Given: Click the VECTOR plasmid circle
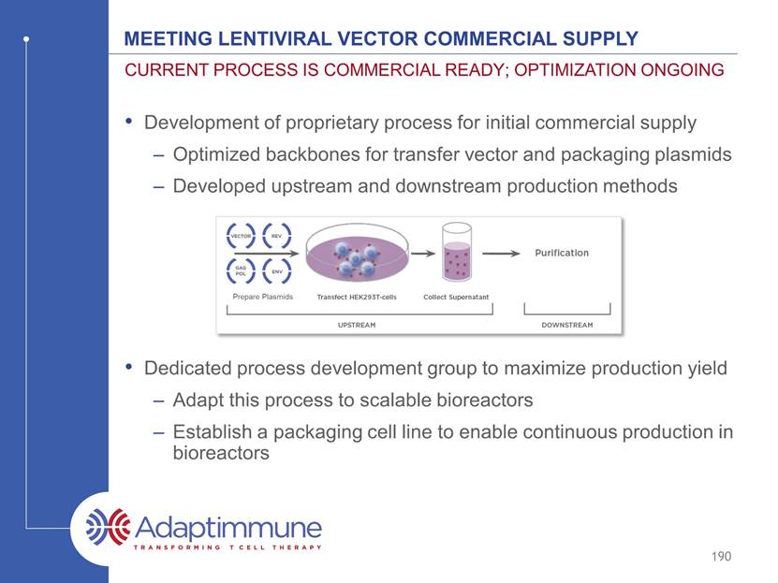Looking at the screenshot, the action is [x=228, y=236].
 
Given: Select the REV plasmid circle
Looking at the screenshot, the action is [x=263, y=236].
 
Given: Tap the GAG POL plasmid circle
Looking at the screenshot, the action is [x=228, y=270].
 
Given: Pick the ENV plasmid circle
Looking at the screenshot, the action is [x=263, y=270].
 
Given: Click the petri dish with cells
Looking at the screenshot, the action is [x=358, y=253].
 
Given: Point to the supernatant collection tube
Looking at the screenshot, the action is [x=457, y=252].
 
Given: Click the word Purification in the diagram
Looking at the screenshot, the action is [x=562, y=253].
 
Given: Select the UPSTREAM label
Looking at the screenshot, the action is [x=357, y=326].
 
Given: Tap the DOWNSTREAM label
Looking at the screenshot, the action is [x=567, y=326].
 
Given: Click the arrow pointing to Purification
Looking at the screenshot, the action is [x=501, y=254].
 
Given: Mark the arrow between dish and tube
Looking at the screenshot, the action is [x=423, y=254].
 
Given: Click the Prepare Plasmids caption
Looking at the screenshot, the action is [x=263, y=297].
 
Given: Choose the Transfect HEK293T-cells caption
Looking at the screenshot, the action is [x=357, y=297].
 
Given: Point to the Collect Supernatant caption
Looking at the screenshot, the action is [x=456, y=297].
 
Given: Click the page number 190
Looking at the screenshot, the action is [x=721, y=556].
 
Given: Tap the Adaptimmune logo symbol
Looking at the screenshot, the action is [x=108, y=527].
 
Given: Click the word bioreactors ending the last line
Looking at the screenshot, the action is [x=221, y=453].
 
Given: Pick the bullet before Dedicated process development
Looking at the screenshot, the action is [x=129, y=368].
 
